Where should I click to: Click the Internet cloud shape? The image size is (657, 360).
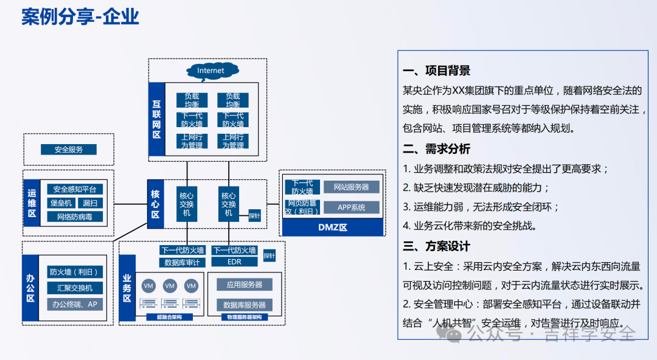pyautogui.click(x=210, y=71)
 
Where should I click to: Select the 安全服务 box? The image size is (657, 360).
pyautogui.click(x=68, y=150)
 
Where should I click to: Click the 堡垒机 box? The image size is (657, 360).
pyautogui.click(x=61, y=203)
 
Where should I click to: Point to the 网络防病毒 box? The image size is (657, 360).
pyautogui.click(x=75, y=216)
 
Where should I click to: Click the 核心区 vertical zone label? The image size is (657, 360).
pyautogui.click(x=155, y=204)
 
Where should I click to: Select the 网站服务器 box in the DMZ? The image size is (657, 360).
pyautogui.click(x=351, y=187)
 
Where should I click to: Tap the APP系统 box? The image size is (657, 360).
pyautogui.click(x=351, y=207)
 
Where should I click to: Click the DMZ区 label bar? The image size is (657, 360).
pyautogui.click(x=332, y=227)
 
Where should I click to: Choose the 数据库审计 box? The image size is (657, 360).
pyautogui.click(x=182, y=263)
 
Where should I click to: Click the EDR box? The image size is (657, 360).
pyautogui.click(x=234, y=263)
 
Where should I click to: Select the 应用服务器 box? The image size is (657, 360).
pyautogui.click(x=244, y=285)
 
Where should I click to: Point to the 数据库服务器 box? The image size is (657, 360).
pyautogui.click(x=244, y=305)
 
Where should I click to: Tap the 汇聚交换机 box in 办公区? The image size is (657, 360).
pyautogui.click(x=75, y=288)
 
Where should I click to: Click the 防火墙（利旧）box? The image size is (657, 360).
pyautogui.click(x=75, y=272)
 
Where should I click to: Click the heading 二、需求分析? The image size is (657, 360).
pyautogui.click(x=436, y=149)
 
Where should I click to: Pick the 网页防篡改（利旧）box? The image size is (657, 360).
pyautogui.click(x=302, y=207)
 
